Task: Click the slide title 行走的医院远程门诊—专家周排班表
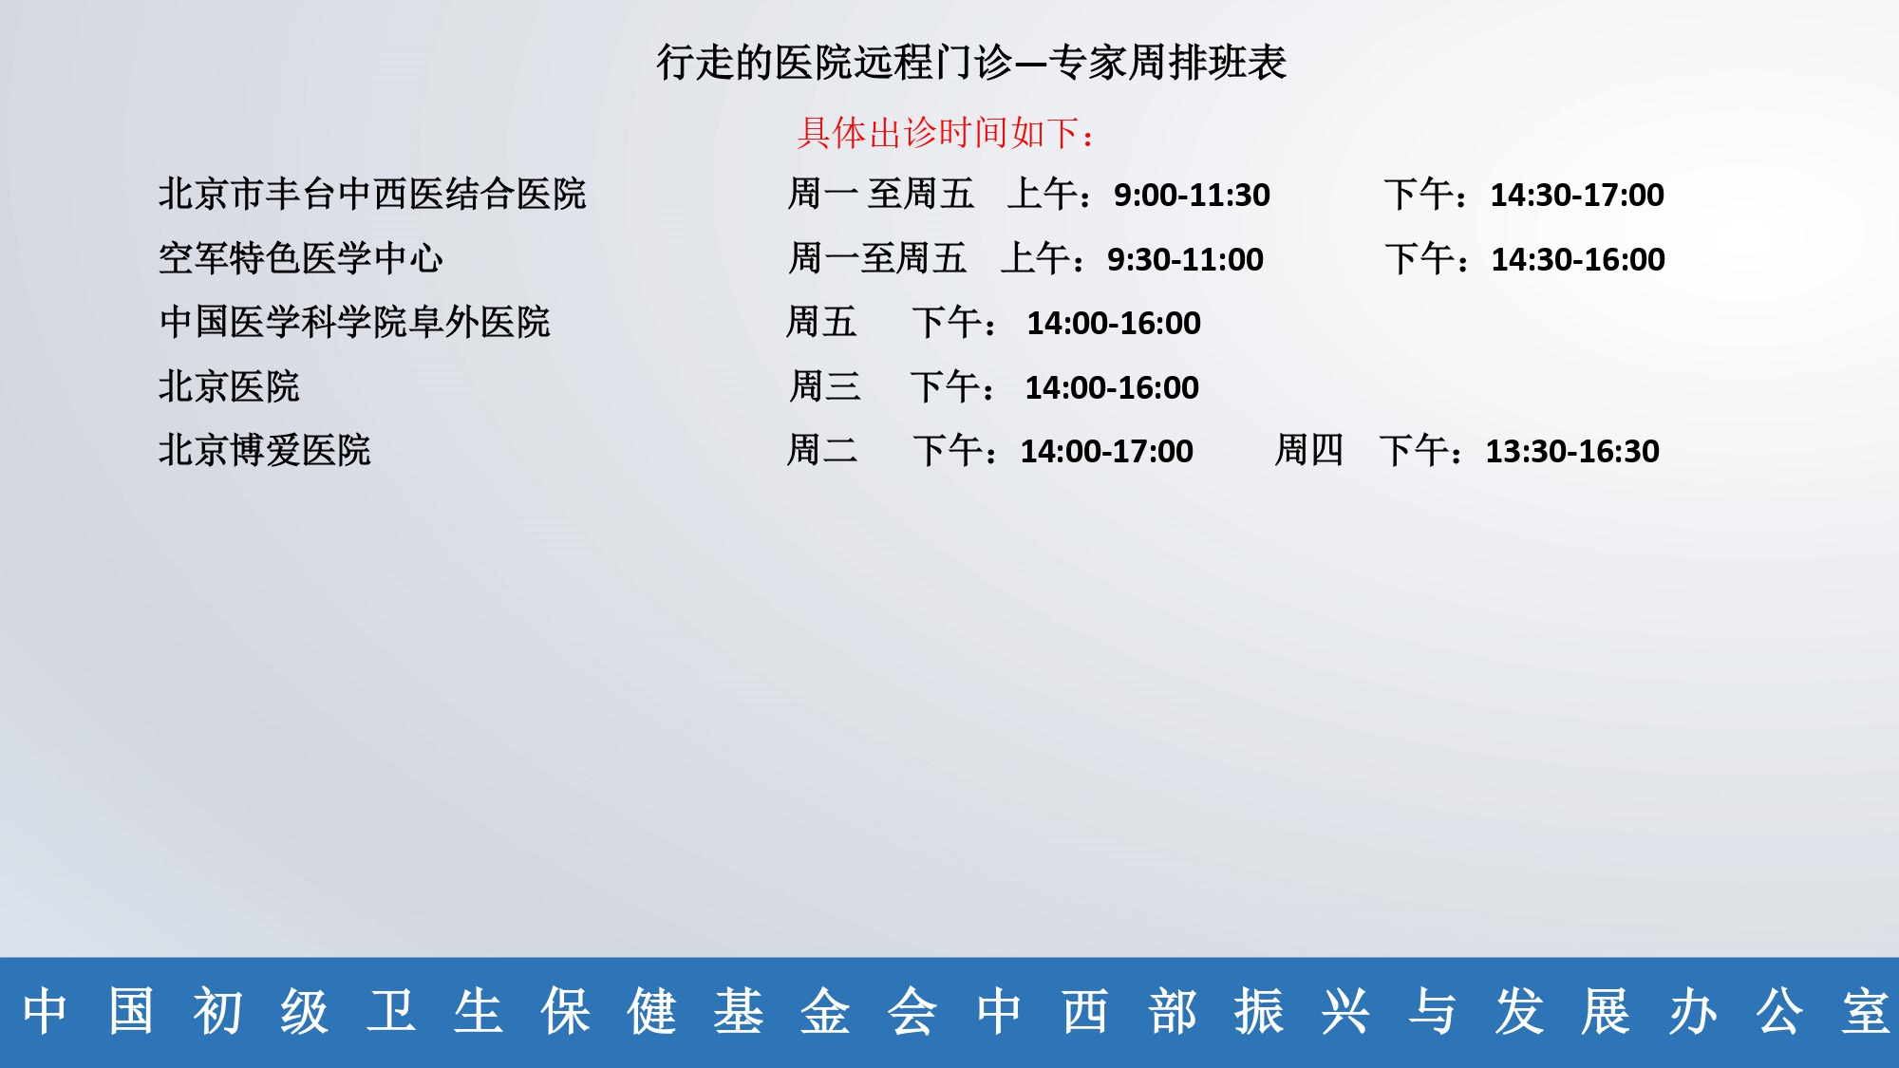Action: point(971,63)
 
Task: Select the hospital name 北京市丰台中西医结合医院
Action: point(372,194)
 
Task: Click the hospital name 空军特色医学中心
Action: point(300,258)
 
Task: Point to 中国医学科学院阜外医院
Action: point(354,322)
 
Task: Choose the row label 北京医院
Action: point(229,386)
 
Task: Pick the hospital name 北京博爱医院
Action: point(264,450)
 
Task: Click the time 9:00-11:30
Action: point(1192,195)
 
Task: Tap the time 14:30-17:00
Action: point(1577,195)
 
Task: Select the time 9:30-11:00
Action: point(1185,259)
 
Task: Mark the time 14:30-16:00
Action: point(1578,259)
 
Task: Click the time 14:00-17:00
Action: point(1107,451)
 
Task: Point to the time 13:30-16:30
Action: point(1572,451)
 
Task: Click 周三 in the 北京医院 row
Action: point(825,386)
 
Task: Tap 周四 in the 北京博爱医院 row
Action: point(1308,450)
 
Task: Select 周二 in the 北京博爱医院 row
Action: point(822,450)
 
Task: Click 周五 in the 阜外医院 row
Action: point(821,322)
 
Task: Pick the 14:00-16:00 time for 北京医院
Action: point(1112,387)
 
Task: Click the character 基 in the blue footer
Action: point(739,1011)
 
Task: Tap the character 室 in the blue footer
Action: point(1866,1011)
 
